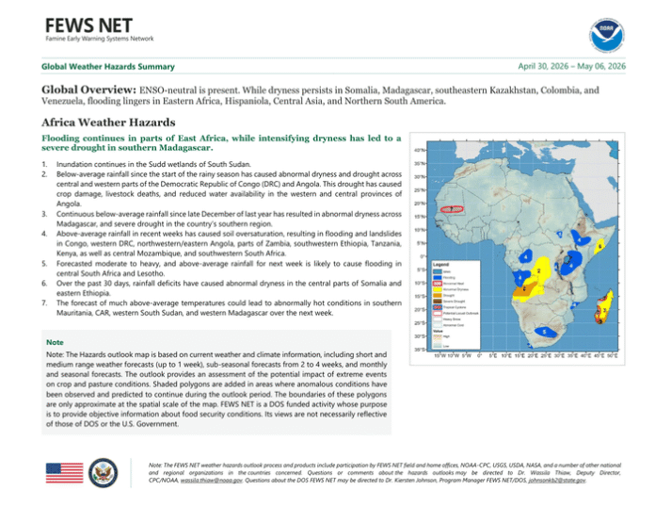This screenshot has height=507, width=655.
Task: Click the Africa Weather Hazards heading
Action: (95, 123)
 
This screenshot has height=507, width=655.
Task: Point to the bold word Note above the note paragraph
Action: (55, 343)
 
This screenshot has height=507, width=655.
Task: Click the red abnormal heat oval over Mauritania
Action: (454, 208)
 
